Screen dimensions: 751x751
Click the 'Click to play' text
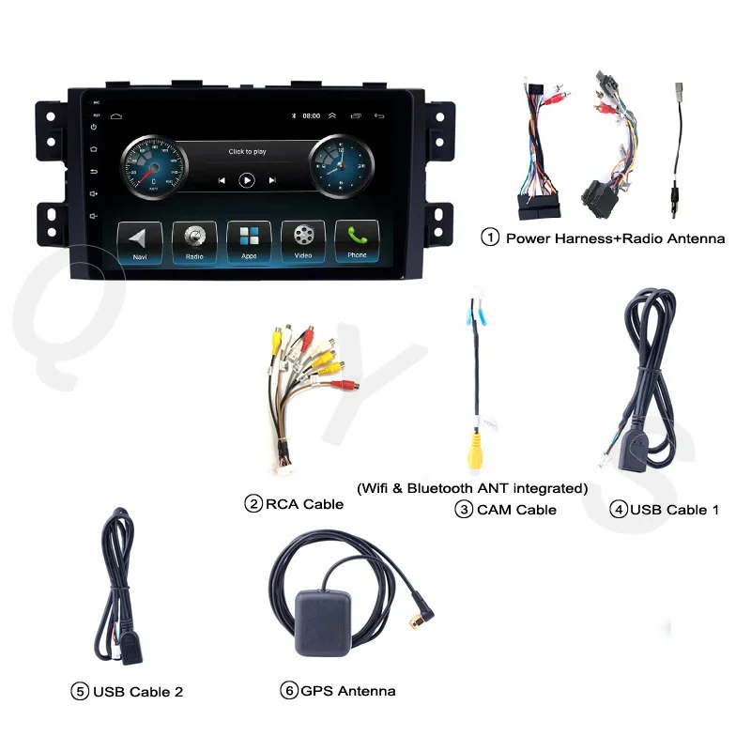click(x=247, y=151)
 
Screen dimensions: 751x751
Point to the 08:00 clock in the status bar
click(x=312, y=116)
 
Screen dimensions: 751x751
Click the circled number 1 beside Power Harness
click(x=490, y=238)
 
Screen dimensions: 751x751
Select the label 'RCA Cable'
click(x=304, y=504)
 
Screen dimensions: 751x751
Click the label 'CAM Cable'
click(x=516, y=510)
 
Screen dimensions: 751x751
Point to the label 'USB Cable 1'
click(x=674, y=510)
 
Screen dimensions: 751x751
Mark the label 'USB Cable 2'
click(x=138, y=692)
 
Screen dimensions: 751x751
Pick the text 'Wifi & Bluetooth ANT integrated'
click(x=472, y=488)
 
